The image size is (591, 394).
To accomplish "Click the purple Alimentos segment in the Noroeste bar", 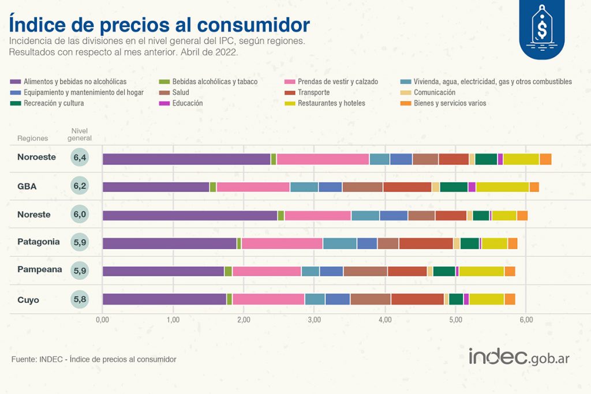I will (186, 159).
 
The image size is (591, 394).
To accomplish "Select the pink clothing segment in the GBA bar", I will (253, 187).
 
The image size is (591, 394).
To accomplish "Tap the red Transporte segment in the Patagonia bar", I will (426, 243).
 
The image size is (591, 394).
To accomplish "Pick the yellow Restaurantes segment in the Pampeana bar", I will (481, 271).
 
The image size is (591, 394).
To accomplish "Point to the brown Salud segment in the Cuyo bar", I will (371, 299).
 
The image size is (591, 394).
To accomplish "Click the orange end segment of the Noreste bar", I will (522, 215).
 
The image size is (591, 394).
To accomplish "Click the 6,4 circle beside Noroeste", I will (80, 157).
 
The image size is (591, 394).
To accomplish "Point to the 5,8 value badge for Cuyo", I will (80, 299).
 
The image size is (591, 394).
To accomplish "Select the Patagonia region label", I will (38, 242).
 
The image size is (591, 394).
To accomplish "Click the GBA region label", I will (27, 186).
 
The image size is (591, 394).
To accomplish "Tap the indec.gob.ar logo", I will (519, 357).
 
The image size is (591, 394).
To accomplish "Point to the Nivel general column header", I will (80, 134).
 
